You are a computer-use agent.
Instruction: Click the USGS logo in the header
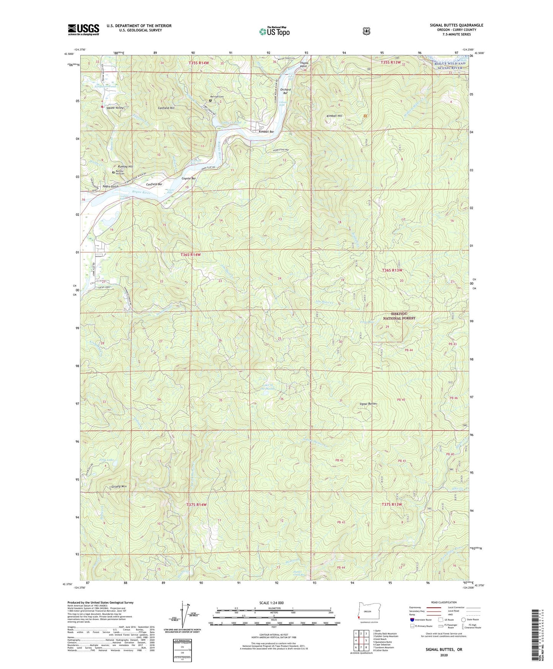pyautogui.click(x=83, y=29)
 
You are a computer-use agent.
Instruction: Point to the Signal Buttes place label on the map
pyautogui.click(x=369, y=404)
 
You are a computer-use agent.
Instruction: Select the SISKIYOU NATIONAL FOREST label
pyautogui.click(x=400, y=316)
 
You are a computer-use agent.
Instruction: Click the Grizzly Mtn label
pyautogui.click(x=119, y=487)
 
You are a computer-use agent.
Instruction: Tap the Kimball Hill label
pyautogui.click(x=334, y=116)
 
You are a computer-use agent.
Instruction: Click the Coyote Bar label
pyautogui.click(x=188, y=179)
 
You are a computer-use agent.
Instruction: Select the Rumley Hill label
pyautogui.click(x=125, y=167)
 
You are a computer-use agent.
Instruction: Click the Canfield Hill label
pyautogui.click(x=166, y=108)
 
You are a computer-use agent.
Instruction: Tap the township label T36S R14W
pyautogui.click(x=191, y=255)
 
